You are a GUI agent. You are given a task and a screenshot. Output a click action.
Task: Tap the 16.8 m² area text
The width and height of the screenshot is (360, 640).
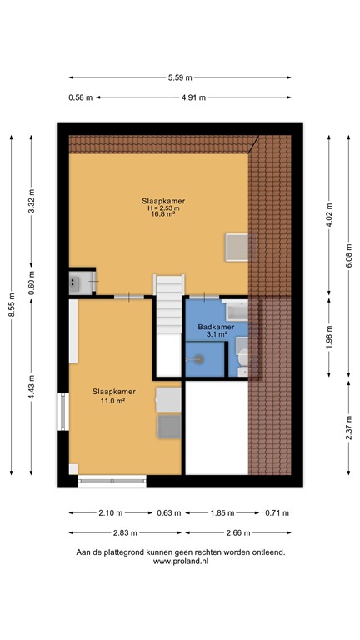coord(163,214)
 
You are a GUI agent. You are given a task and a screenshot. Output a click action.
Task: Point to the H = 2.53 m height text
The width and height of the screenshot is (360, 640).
coord(163,207)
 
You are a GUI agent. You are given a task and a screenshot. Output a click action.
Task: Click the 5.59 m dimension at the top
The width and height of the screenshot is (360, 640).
coord(180,77)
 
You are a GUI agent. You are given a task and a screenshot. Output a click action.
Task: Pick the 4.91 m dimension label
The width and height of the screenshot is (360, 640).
coord(193,97)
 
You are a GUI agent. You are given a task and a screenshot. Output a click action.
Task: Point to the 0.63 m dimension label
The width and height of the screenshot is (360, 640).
coord(169,512)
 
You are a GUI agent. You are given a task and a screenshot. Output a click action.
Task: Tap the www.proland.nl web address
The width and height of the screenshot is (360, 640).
coord(180,562)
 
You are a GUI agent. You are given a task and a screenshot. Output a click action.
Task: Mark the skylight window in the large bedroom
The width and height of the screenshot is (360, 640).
coord(237,247)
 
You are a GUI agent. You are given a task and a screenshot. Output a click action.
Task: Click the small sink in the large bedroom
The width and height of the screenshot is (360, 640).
coord(77,282)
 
